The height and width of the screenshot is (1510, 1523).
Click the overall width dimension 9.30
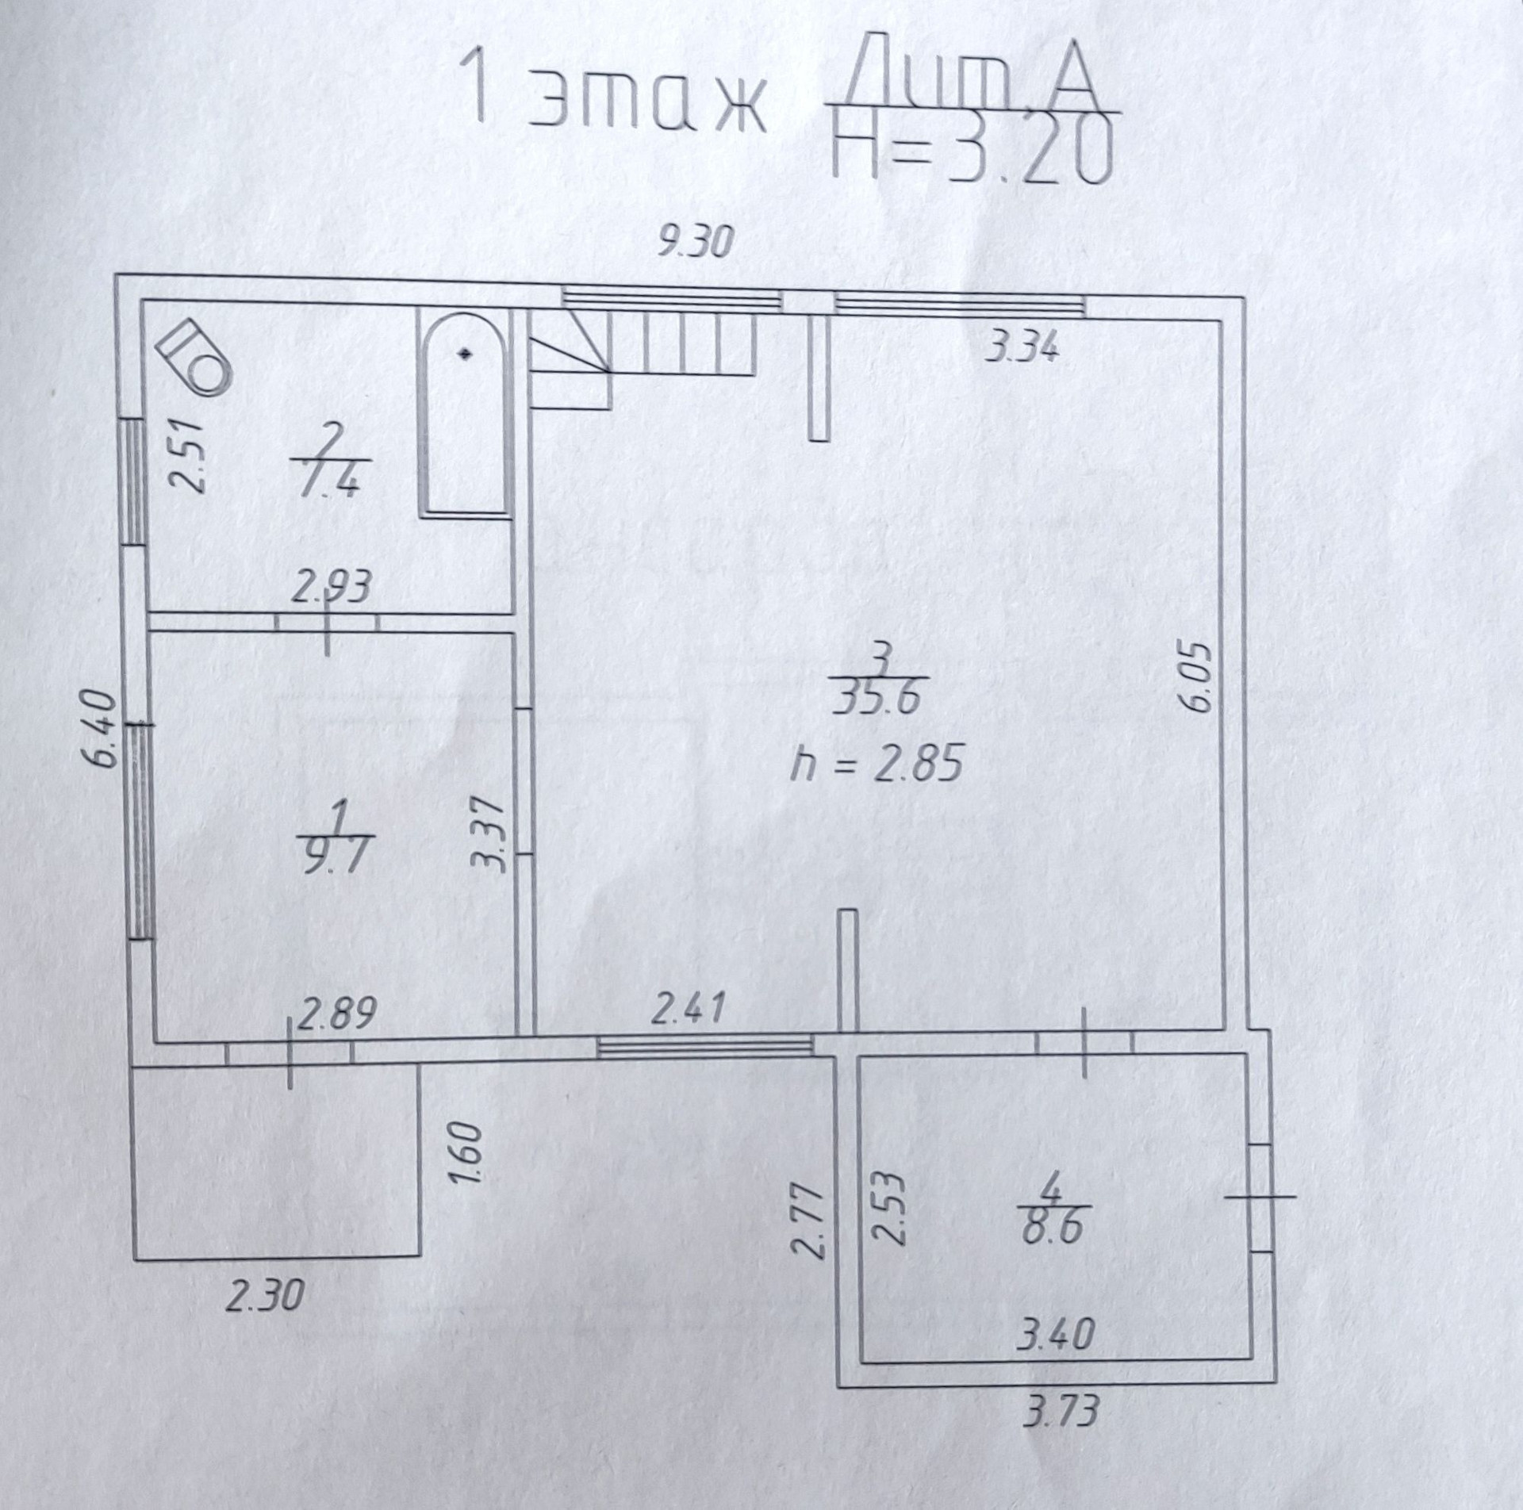pos(695,243)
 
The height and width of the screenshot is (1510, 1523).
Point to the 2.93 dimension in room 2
pos(332,588)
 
